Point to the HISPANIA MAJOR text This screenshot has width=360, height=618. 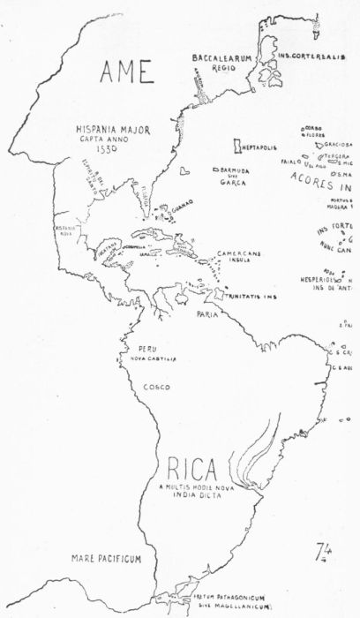[x=112, y=129]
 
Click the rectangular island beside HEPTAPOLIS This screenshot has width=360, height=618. [x=237, y=144]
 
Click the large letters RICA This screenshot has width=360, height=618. [x=189, y=467]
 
